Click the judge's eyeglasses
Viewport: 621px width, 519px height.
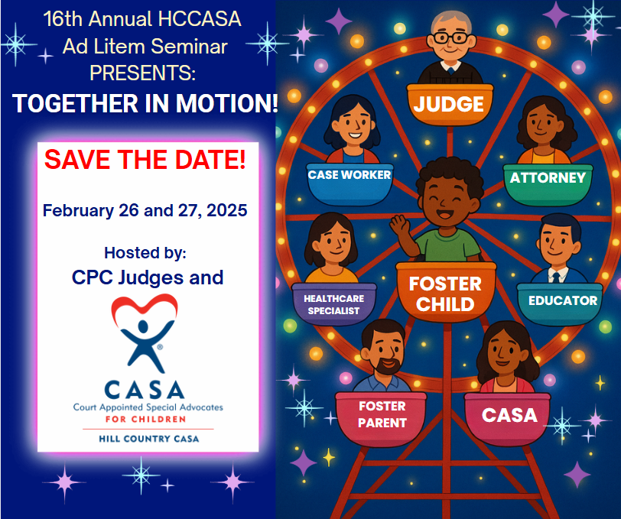pyautogui.click(x=449, y=37)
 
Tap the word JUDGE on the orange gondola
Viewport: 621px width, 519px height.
pyautogui.click(x=449, y=103)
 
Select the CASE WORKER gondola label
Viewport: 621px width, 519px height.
pyautogui.click(x=350, y=175)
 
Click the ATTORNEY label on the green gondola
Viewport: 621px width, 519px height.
pyautogui.click(x=548, y=178)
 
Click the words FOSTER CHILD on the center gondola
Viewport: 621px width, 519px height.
pyautogui.click(x=446, y=294)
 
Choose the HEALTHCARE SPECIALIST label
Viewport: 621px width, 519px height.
pyautogui.click(x=333, y=303)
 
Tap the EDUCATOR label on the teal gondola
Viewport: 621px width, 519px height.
pyautogui.click(x=563, y=300)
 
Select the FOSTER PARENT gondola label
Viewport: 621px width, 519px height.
pyautogui.click(x=382, y=414)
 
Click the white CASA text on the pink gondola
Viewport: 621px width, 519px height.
pyautogui.click(x=509, y=416)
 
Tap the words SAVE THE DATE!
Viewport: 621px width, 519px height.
pyautogui.click(x=145, y=160)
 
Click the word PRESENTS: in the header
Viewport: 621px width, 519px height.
pyautogui.click(x=143, y=73)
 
